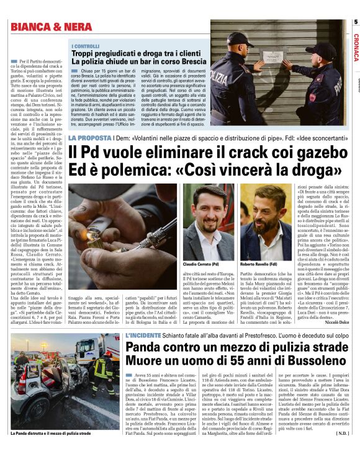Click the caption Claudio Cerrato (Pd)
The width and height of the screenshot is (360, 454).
click(202, 246)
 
